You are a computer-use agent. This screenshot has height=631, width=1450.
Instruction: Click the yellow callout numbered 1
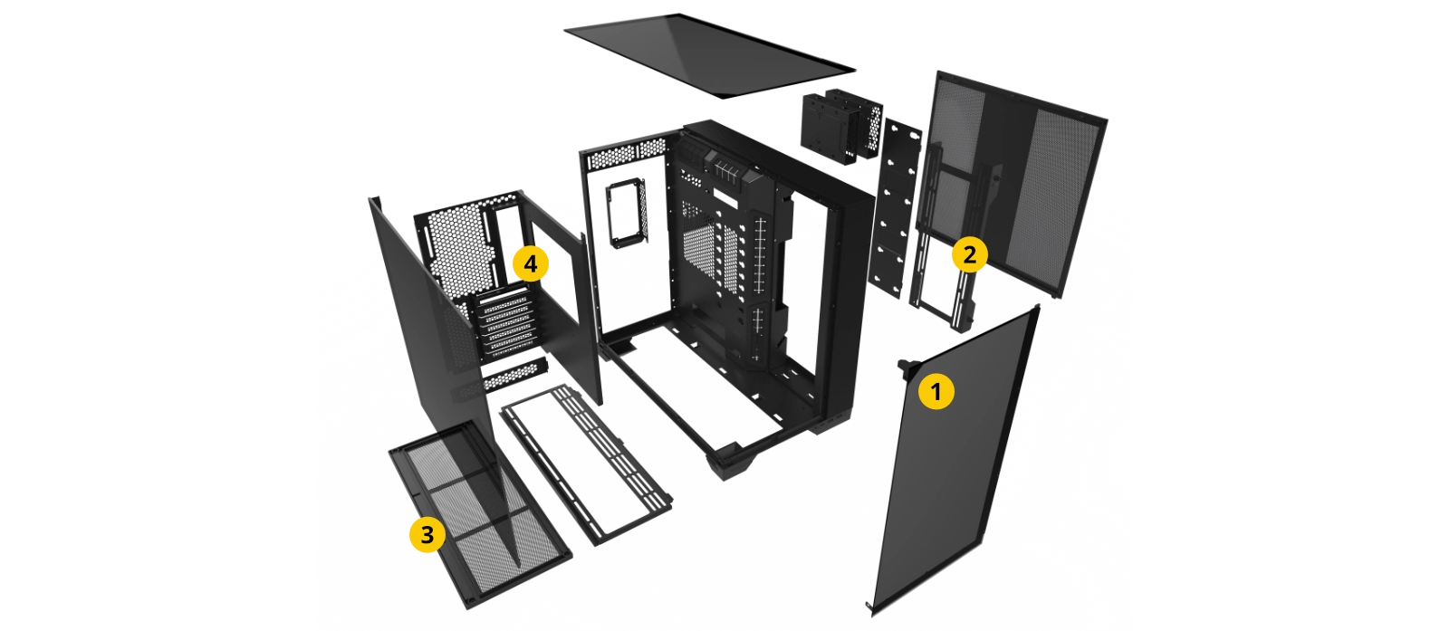click(936, 391)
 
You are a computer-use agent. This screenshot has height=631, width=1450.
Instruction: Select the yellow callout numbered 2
click(969, 254)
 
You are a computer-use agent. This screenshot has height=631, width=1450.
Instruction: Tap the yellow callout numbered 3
click(427, 534)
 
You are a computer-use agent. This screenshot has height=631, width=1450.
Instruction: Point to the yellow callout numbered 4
click(530, 263)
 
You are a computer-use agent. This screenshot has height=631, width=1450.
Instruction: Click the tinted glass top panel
click(709, 55)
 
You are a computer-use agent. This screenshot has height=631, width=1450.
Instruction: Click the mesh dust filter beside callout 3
click(479, 514)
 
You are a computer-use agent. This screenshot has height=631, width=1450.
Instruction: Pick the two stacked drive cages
click(840, 126)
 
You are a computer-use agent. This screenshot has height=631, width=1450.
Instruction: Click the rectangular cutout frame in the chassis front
click(627, 212)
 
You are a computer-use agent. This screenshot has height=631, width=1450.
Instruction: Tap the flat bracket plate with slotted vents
click(586, 464)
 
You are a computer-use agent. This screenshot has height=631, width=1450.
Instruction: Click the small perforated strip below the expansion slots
click(514, 376)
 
